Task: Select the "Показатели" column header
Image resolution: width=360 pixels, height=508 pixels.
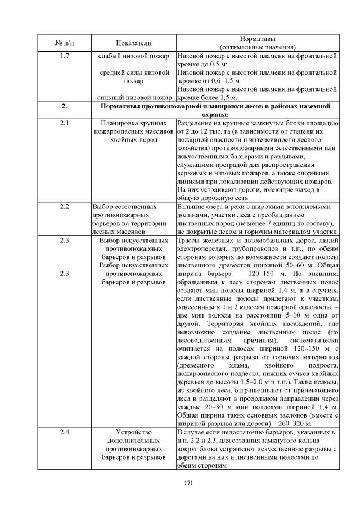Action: click(134, 43)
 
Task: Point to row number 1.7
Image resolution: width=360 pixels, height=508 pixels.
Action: click(64, 56)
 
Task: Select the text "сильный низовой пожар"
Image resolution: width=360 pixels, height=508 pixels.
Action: click(134, 97)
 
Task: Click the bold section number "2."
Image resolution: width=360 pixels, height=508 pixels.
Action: click(64, 106)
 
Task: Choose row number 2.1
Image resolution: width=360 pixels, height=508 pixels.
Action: click(64, 123)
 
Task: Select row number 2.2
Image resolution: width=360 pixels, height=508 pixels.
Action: click(64, 206)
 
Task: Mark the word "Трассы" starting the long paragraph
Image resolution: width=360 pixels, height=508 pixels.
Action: click(188, 239)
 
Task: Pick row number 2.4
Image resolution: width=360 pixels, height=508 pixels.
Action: click(64, 432)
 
